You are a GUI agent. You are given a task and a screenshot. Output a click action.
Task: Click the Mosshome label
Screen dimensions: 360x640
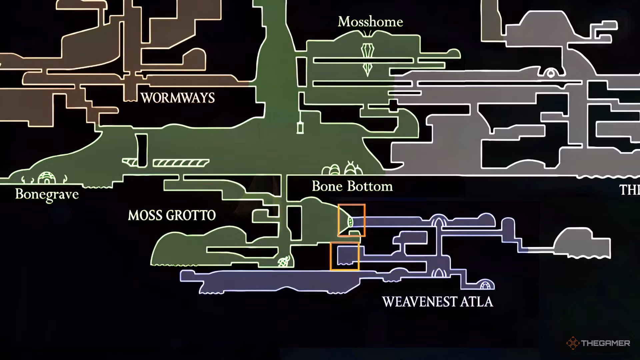[x=370, y=22]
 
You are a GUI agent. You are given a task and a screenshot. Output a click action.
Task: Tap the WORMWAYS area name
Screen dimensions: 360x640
[x=178, y=98]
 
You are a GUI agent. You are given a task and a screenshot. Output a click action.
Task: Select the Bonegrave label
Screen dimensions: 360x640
[x=47, y=194]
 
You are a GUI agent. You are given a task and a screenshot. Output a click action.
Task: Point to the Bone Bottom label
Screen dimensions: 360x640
[x=352, y=186]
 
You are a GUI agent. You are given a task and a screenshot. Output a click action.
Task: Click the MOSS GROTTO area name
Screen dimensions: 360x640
[x=172, y=216]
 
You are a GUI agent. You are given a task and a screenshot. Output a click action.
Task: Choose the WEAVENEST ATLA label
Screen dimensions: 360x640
[x=438, y=302]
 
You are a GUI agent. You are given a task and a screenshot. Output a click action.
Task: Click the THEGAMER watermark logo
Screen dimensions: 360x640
[x=598, y=343]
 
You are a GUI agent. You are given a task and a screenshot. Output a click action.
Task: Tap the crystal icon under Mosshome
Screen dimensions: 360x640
[x=368, y=59]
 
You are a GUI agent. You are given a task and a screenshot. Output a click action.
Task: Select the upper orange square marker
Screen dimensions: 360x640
[x=351, y=220]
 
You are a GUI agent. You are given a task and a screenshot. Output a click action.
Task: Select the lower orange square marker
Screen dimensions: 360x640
[x=345, y=256]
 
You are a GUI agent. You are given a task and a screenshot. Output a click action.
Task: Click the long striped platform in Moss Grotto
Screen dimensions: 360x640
[x=181, y=163]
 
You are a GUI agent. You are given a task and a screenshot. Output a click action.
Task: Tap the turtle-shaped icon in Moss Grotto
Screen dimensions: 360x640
[x=284, y=262]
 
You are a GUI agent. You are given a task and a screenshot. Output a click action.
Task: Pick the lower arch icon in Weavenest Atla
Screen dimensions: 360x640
[x=439, y=274]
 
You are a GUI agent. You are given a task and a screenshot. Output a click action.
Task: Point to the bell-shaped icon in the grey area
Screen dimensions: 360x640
[x=551, y=73]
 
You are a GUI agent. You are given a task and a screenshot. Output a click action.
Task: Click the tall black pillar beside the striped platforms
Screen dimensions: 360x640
[x=142, y=150]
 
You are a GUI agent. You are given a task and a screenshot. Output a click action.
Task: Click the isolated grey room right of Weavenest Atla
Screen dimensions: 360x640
[x=582, y=243]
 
